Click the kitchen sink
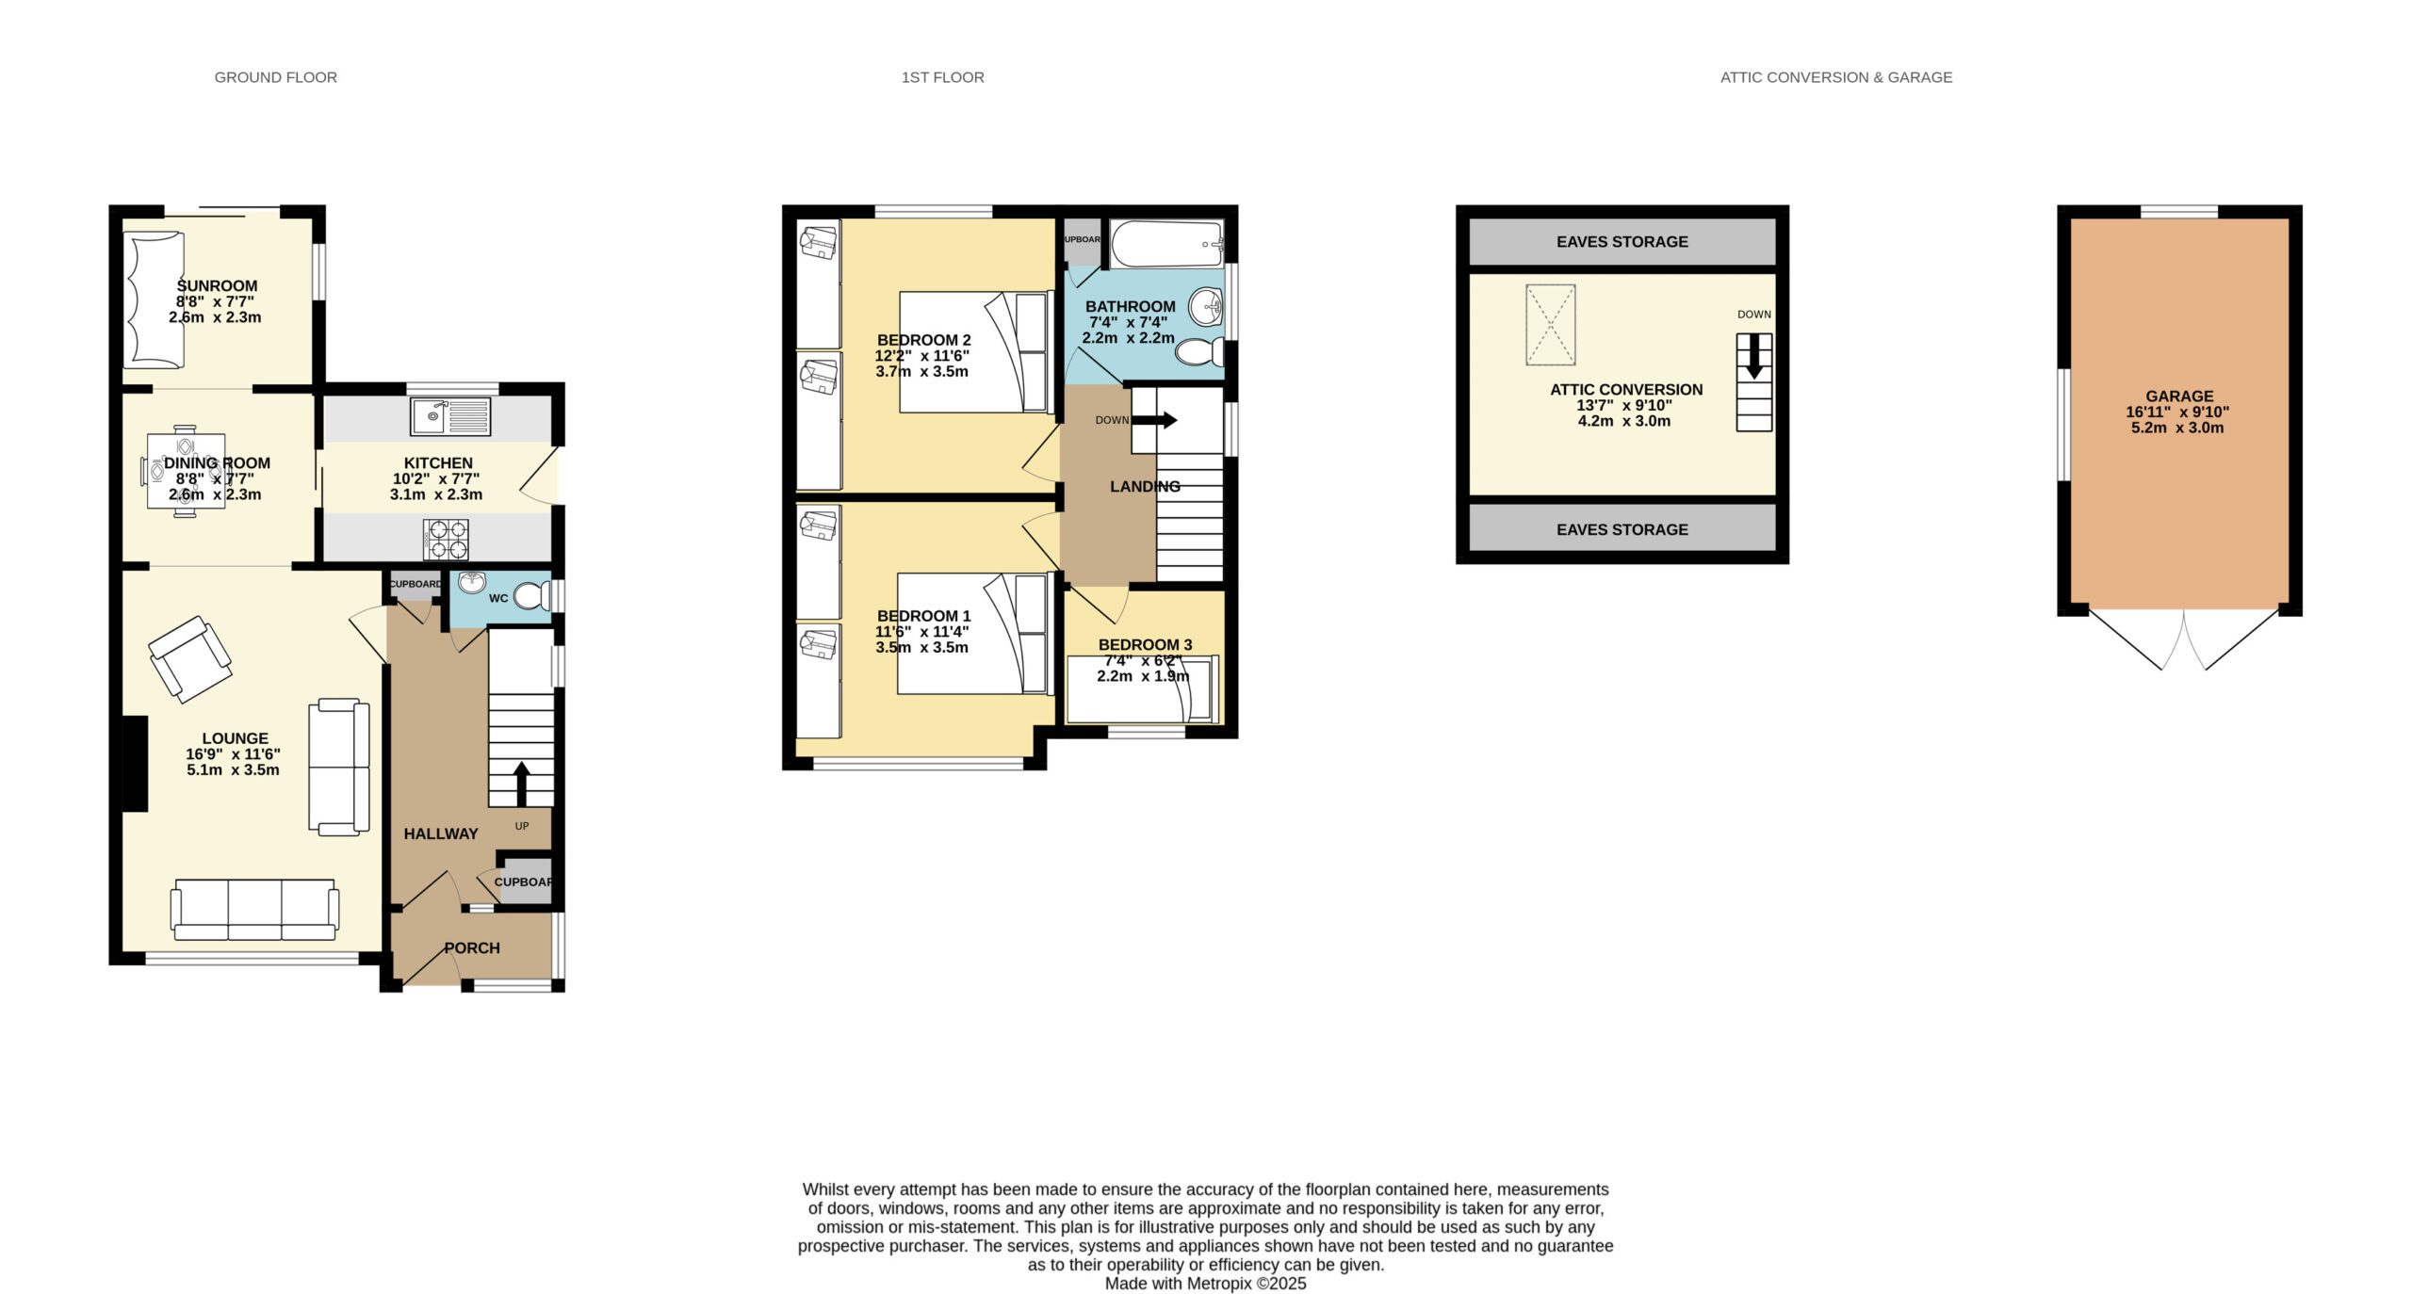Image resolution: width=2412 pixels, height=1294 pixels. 450,416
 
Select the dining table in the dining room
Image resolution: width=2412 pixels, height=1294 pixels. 186,471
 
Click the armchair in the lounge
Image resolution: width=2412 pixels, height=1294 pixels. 190,659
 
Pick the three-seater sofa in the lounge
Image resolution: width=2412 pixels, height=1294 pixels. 254,910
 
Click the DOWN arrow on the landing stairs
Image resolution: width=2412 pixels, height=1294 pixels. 1154,420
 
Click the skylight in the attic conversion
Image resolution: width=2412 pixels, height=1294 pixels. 1550,325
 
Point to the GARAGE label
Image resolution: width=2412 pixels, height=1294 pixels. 2179,396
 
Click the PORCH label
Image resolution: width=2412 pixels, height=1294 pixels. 472,948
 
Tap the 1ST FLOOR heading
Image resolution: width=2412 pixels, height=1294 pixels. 942,77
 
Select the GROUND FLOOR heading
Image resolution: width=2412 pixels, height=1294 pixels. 275,77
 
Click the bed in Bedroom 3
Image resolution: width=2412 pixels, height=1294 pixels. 1143,688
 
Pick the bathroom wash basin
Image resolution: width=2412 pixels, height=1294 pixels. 1206,306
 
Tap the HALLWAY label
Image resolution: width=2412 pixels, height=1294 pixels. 441,833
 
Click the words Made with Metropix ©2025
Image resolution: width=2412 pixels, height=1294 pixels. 1205,1283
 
